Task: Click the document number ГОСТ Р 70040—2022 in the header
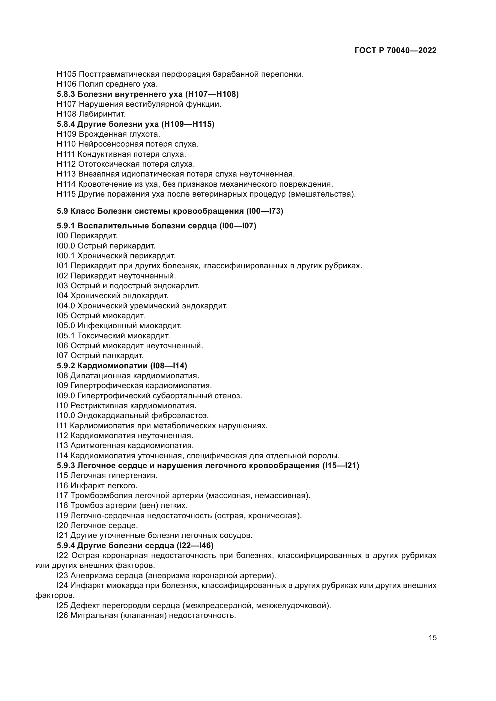[396, 51]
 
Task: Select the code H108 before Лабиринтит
[66, 114]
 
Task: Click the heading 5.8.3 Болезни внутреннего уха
[148, 94]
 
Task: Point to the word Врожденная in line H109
[103, 134]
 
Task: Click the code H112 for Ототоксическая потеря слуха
[66, 164]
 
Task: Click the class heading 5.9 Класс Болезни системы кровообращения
[170, 211]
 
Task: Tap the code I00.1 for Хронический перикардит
[66, 256]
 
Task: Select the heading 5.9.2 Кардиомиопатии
[122, 365]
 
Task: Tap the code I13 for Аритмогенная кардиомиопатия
[62, 445]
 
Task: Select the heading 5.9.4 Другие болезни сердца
[135, 545]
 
